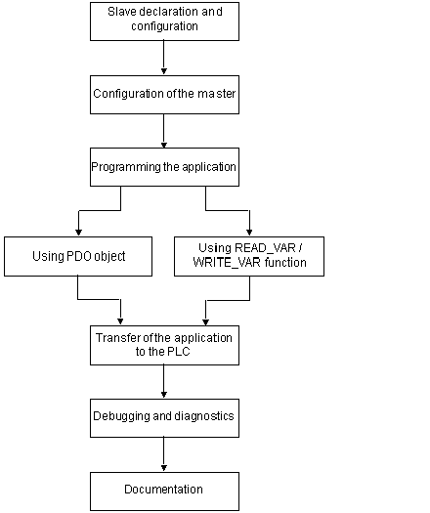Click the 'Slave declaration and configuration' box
(164, 21)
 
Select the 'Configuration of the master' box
(164, 95)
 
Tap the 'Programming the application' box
(164, 167)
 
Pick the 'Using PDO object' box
(78, 256)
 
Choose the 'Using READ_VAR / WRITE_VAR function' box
(249, 256)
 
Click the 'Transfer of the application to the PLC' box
(164, 345)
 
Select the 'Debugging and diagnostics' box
(164, 418)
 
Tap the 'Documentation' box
(164, 492)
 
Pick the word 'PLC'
(179, 352)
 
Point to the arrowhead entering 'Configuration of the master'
(164, 71)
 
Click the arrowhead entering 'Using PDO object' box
(78, 233)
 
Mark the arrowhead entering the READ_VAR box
(249, 233)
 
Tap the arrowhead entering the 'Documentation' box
(164, 468)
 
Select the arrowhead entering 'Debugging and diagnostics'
(164, 395)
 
